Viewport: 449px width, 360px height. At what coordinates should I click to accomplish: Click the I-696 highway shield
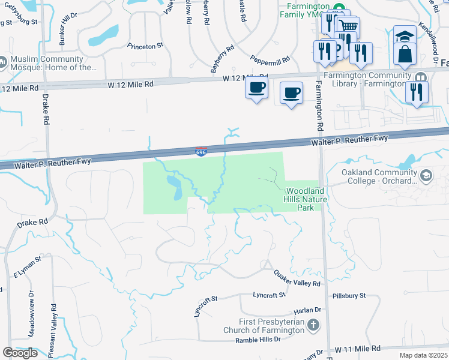pyautogui.click(x=201, y=151)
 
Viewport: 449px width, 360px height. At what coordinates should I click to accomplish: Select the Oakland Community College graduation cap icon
pyautogui.click(x=427, y=176)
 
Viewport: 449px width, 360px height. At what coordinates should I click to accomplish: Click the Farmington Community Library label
pyautogui.click(x=367, y=79)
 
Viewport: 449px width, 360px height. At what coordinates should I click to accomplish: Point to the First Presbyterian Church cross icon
pyautogui.click(x=313, y=326)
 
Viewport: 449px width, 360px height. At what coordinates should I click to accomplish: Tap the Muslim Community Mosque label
pyautogui.click(x=50, y=64)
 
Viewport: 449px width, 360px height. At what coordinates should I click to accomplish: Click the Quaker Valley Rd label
pyautogui.click(x=297, y=278)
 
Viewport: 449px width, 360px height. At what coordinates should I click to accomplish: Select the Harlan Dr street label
pyautogui.click(x=307, y=310)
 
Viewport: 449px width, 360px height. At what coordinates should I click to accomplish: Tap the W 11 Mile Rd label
pyautogui.click(x=358, y=349)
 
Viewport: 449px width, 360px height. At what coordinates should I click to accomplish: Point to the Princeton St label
pyautogui.click(x=145, y=46)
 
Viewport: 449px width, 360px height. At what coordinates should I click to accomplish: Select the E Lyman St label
pyautogui.click(x=27, y=268)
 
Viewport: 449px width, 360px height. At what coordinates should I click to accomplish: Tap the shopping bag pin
pyautogui.click(x=405, y=54)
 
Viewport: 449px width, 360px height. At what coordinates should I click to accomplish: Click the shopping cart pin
pyautogui.click(x=346, y=26)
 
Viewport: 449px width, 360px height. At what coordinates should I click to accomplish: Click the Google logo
pyautogui.click(x=20, y=353)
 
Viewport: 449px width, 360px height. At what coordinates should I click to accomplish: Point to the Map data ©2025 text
pyautogui.click(x=423, y=355)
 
